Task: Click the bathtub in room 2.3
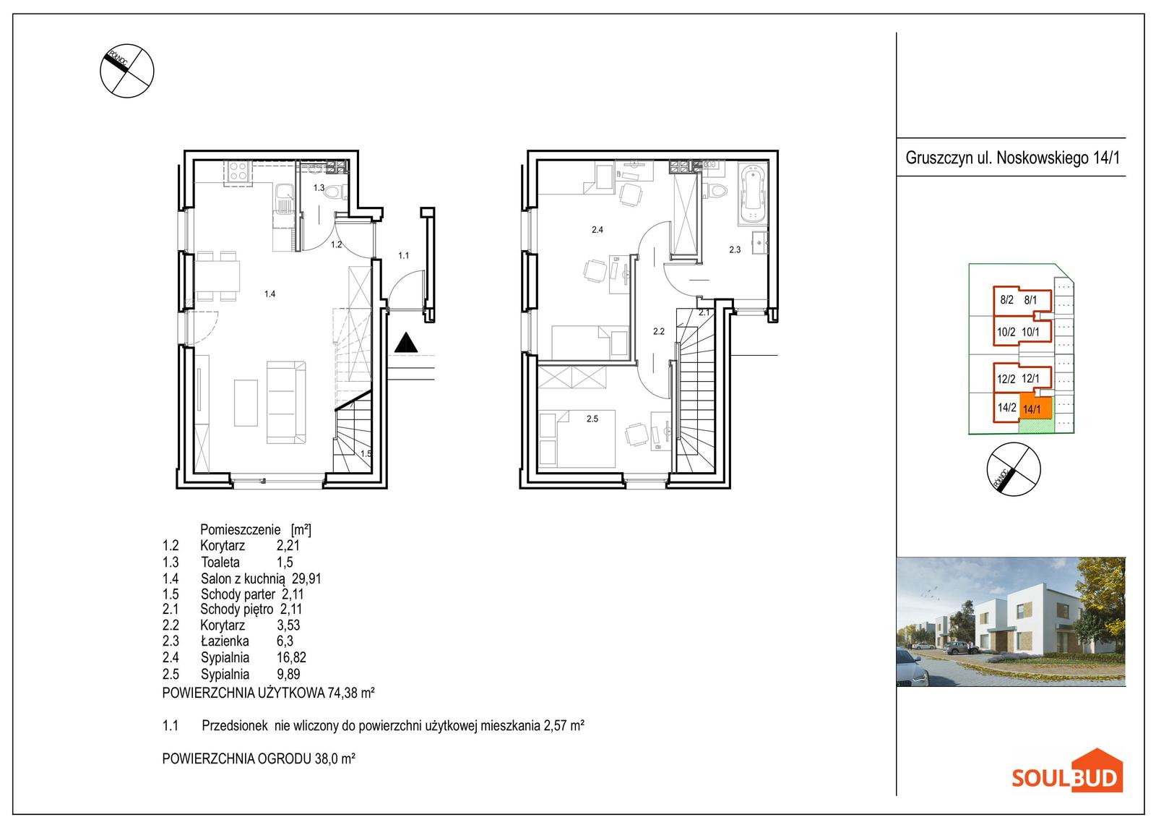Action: point(752,194)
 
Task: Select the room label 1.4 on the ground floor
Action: point(269,294)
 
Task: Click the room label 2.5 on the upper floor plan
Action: point(592,419)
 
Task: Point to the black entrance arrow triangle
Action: point(405,343)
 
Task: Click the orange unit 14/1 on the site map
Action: point(1036,409)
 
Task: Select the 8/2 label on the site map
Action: point(1006,300)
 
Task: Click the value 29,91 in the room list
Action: point(306,578)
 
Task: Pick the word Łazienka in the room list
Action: point(225,641)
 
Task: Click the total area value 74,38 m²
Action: point(351,693)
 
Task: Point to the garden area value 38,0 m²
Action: point(335,758)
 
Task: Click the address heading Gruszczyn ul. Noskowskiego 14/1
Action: point(1012,158)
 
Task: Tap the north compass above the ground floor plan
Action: point(127,71)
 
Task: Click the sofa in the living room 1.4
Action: point(286,403)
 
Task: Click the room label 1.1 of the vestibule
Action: point(403,255)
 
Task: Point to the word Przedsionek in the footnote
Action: point(235,726)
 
